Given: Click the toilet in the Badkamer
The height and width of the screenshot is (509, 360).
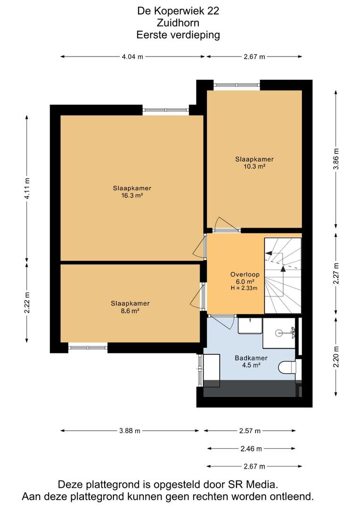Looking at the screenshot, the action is coord(287,368).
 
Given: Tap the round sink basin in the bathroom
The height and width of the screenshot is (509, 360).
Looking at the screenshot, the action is coord(279,333).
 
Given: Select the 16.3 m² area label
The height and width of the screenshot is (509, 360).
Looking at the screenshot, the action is coord(132,196).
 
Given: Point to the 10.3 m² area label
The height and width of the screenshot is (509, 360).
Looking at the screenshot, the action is coord(254,166).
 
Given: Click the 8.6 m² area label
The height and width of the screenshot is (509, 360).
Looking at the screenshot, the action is coord(130,311).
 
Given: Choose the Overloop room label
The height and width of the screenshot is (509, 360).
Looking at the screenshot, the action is coord(245,274).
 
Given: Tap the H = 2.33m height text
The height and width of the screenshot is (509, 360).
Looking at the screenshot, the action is coord(244,288).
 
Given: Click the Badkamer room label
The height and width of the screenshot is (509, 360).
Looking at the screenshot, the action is coord(251,358).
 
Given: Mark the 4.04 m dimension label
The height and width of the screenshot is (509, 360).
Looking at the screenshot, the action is coord(132,57).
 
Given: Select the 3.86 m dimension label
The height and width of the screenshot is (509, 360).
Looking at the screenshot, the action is coord(336,159).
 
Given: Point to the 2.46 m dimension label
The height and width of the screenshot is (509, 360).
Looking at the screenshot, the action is coord(251,449).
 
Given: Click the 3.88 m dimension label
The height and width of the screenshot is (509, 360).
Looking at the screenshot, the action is coord(130,431).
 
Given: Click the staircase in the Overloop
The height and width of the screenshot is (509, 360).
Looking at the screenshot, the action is coord(283,276).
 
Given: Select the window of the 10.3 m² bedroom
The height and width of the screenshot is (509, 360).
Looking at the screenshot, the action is coord(237,85).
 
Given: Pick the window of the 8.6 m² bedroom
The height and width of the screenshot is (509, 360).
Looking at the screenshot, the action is coord(88,348).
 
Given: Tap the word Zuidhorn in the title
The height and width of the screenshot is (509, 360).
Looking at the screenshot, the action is coord(178,23).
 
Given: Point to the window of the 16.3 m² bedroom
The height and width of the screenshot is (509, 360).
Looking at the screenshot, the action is coord(165,110).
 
